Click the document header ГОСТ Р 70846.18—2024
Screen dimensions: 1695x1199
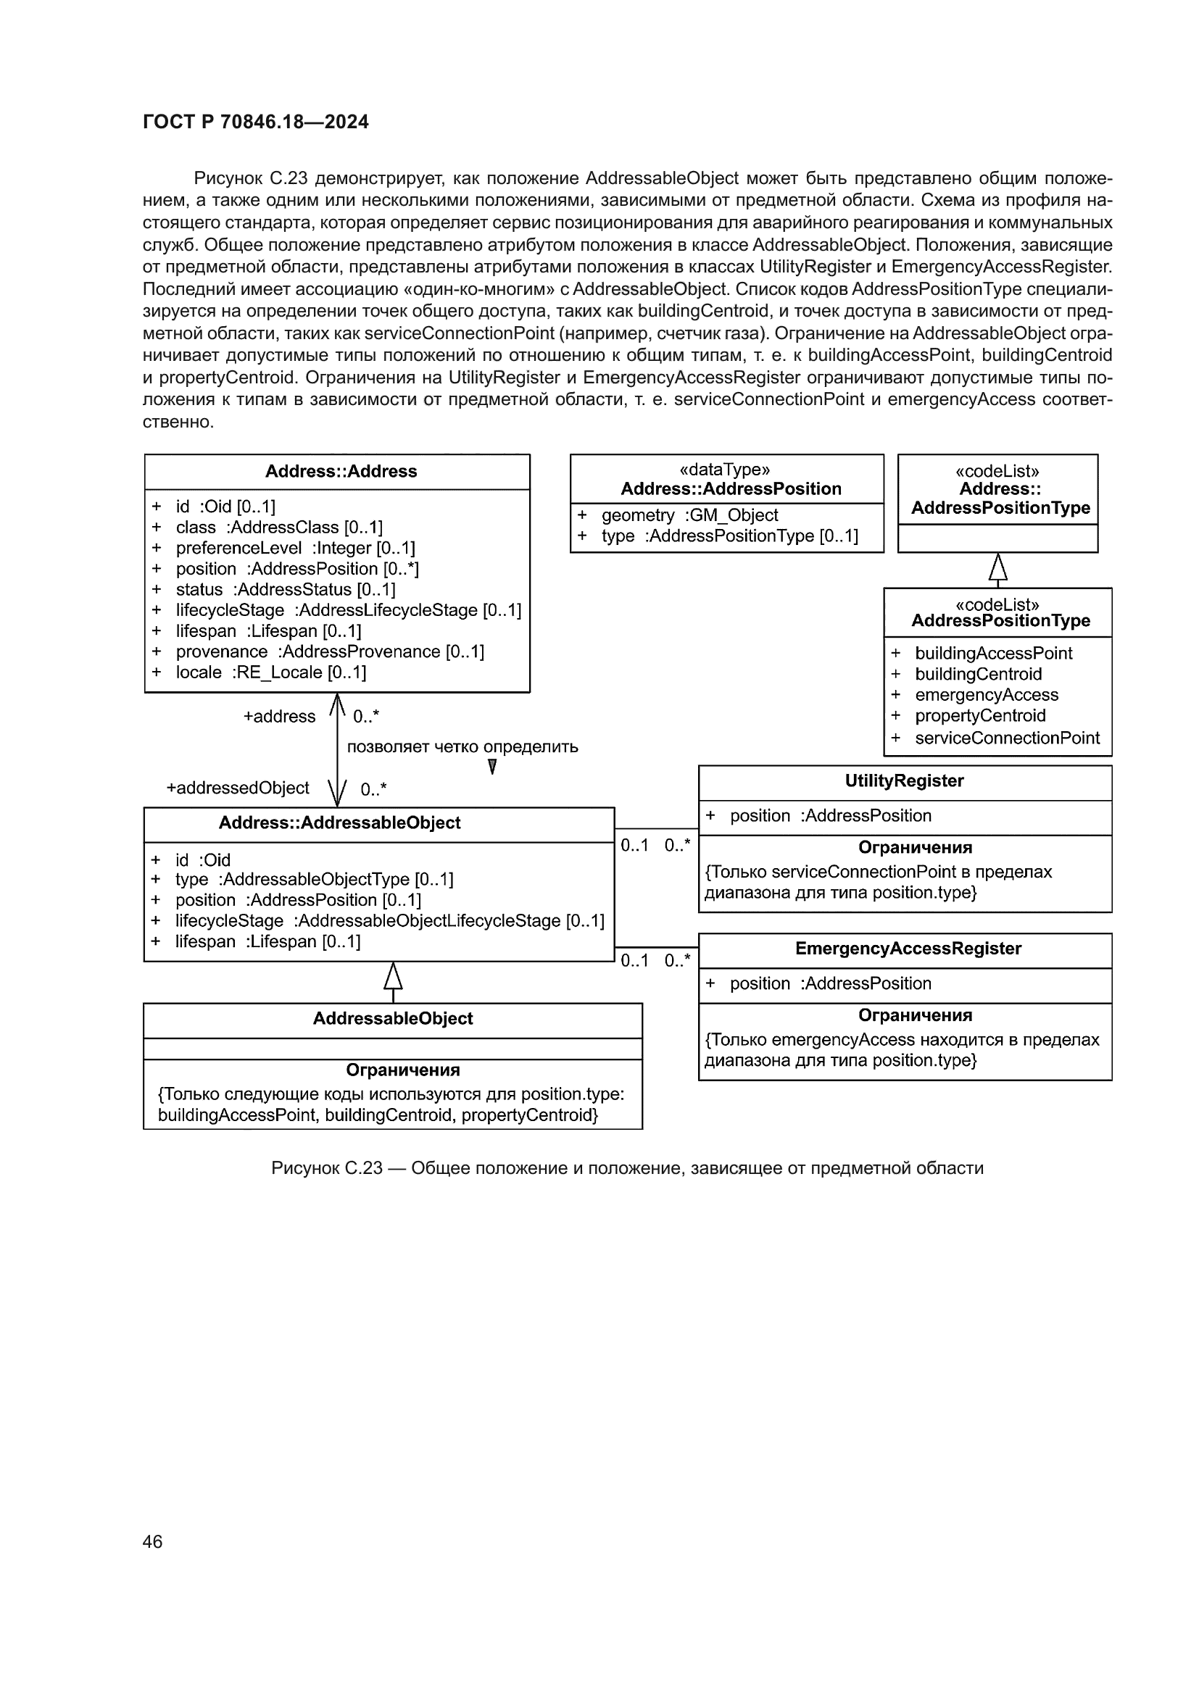[255, 122]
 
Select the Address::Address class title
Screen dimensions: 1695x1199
[341, 471]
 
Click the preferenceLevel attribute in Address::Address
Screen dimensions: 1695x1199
[294, 548]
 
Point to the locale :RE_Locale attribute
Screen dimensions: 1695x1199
[270, 672]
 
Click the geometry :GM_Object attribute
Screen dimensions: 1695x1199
[689, 515]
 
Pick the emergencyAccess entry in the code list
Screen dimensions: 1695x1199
[986, 695]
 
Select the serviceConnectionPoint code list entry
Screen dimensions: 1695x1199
[1006, 738]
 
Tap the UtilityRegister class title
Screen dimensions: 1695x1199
[904, 780]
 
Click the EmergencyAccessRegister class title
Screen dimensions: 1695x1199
[908, 949]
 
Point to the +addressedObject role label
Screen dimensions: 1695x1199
[238, 788]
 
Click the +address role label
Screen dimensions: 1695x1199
[279, 716]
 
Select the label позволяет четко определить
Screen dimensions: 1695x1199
[462, 746]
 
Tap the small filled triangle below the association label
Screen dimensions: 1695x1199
[491, 767]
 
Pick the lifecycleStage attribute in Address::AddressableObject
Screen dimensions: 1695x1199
[389, 920]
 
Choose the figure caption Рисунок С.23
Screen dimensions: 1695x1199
[627, 1168]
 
